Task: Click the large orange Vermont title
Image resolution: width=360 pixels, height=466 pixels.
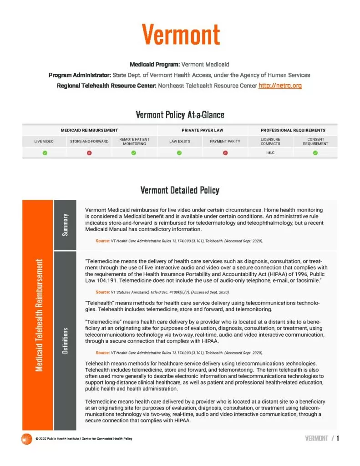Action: [180, 34]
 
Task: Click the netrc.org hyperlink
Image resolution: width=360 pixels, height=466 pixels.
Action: [280, 85]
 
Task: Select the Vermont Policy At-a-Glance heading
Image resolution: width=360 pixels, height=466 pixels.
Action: [180, 115]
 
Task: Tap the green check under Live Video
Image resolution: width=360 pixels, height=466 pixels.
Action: [44, 152]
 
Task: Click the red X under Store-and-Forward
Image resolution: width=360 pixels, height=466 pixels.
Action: [89, 152]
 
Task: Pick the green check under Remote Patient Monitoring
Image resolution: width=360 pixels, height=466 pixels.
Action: [134, 152]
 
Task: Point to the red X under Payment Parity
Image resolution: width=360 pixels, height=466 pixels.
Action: [225, 152]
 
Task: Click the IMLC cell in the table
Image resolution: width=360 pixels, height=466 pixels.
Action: [270, 152]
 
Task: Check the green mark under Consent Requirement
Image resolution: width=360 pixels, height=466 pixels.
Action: [315, 152]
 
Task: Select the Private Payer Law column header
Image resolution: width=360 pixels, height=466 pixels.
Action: [203, 130]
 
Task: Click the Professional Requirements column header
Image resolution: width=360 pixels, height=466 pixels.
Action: [293, 130]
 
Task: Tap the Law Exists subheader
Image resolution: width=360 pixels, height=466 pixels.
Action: [180, 141]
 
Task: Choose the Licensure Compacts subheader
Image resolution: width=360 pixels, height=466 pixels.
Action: [270, 141]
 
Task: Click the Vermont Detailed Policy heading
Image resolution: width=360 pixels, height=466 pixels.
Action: [180, 190]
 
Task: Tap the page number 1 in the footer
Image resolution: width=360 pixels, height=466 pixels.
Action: [338, 438]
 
